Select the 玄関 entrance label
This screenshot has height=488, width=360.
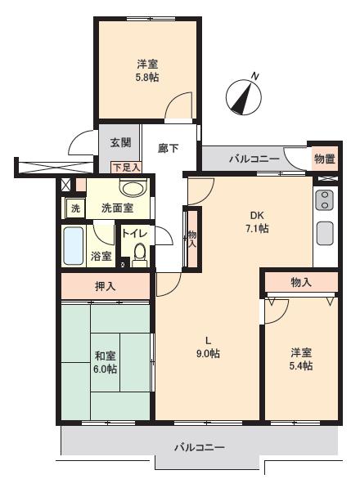(120, 144)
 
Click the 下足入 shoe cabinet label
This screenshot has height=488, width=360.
(126, 167)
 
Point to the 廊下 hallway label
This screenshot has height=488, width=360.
(169, 148)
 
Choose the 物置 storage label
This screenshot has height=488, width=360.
(324, 159)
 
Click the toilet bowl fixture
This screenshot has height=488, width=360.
(139, 254)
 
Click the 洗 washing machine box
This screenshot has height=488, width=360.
(75, 208)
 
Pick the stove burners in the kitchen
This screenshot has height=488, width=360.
(323, 200)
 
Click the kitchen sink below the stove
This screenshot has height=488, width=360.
(324, 232)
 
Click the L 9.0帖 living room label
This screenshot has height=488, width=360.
(209, 347)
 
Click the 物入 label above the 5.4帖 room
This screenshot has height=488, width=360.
(301, 282)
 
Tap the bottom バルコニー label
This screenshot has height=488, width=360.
(199, 447)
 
